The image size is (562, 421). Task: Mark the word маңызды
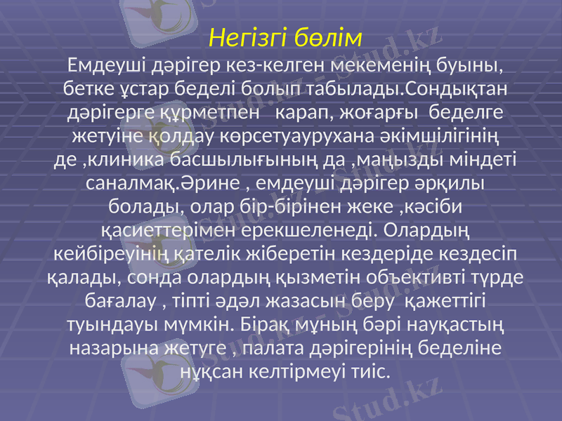391,159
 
